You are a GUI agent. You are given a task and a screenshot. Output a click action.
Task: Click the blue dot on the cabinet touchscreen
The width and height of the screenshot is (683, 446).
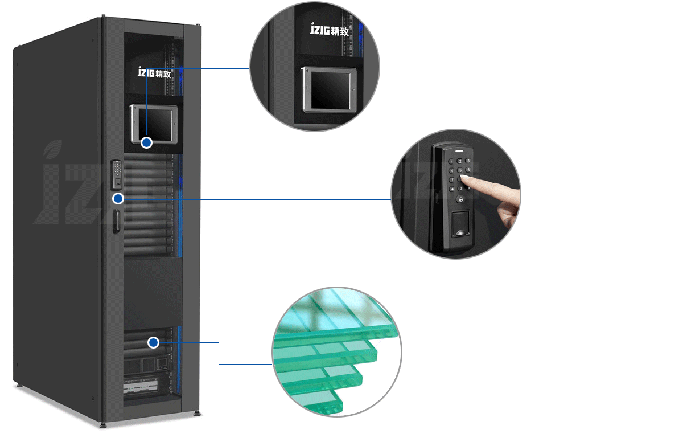(147, 143)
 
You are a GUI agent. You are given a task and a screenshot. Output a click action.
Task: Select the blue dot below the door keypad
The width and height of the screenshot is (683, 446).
(118, 198)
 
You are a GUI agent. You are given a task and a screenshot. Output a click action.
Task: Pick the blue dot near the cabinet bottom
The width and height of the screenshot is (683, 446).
(153, 342)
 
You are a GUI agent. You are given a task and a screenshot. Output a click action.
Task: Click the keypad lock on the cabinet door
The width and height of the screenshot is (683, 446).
(116, 175)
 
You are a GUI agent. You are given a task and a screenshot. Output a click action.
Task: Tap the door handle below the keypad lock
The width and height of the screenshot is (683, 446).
(116, 220)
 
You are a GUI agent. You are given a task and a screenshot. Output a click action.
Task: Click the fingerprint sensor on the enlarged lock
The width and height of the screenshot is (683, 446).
(459, 227)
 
